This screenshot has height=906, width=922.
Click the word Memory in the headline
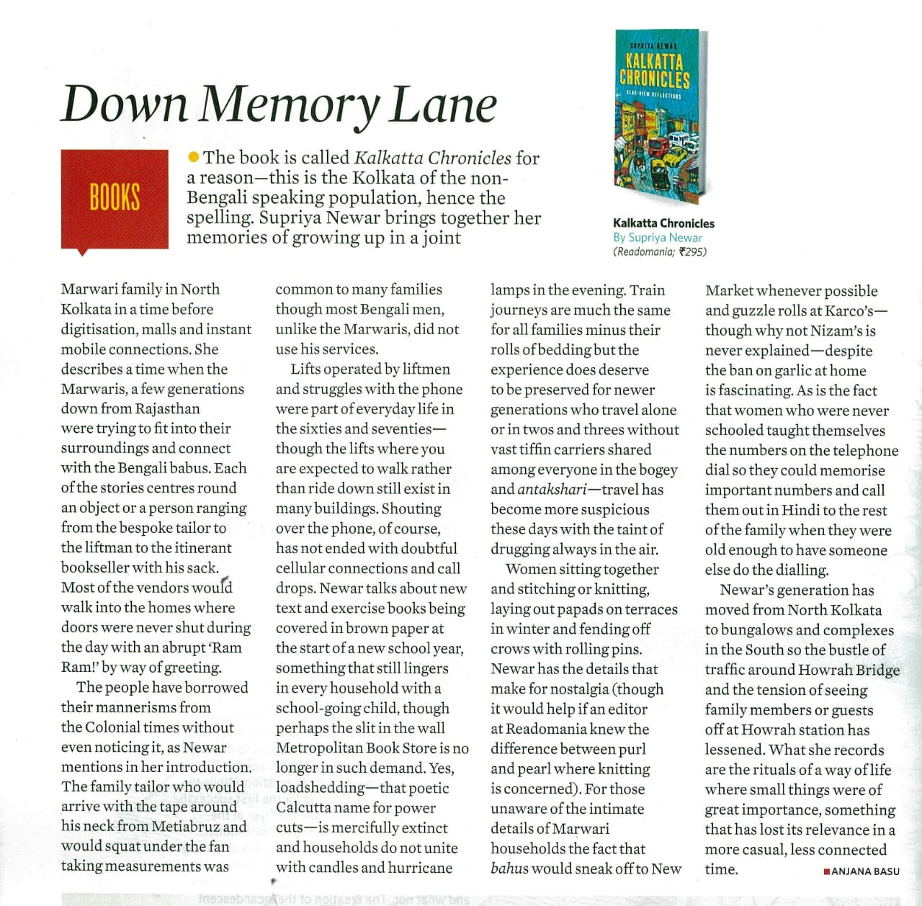pyautogui.click(x=289, y=105)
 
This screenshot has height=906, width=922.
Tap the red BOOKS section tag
pyautogui.click(x=115, y=198)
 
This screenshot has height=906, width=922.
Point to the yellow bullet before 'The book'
pyautogui.click(x=193, y=156)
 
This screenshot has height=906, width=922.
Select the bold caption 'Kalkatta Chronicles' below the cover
pyautogui.click(x=663, y=223)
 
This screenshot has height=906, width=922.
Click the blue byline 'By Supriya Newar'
pyautogui.click(x=657, y=237)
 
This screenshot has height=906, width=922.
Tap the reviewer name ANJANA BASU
pyautogui.click(x=865, y=871)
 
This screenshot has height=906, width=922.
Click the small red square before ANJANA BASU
pyautogui.click(x=826, y=871)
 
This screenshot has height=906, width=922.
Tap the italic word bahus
pyautogui.click(x=512, y=869)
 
